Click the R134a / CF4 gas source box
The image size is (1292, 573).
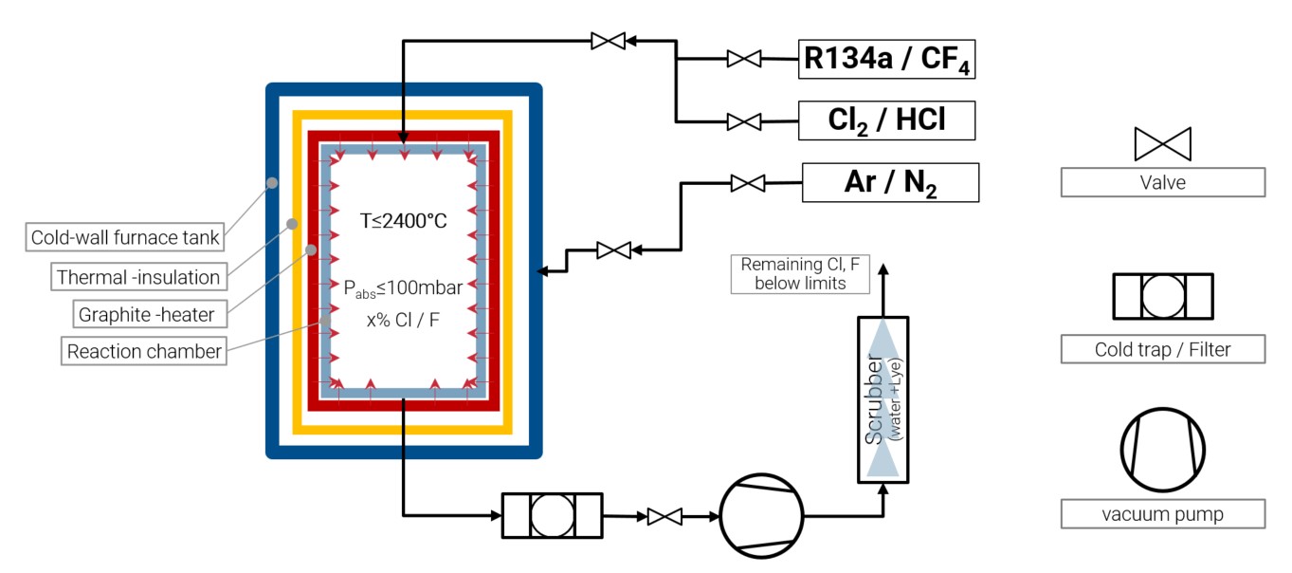point(886,59)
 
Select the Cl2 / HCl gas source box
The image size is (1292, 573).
point(886,120)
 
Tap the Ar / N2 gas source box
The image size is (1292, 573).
point(890,182)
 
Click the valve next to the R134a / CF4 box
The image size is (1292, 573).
point(744,59)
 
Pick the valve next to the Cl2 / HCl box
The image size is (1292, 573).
point(744,121)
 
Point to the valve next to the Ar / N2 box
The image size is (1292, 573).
point(748,183)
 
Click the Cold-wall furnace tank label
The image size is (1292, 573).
point(124,237)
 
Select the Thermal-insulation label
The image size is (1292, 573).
point(139,277)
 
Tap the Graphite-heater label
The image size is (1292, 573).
point(150,315)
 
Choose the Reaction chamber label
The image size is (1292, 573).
point(144,351)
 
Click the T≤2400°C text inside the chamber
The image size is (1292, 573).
point(403,221)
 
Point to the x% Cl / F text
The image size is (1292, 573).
point(403,320)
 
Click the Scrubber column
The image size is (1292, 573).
point(883,399)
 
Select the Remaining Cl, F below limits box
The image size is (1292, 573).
point(800,274)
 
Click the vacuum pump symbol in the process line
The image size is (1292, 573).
point(761,516)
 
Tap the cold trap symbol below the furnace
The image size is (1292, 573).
point(553,516)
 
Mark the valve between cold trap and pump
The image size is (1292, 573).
point(664,516)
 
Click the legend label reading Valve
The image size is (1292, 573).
point(1163,182)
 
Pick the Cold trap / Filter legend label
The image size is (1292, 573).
point(1163,349)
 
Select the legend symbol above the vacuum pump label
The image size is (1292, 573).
point(1163,450)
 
